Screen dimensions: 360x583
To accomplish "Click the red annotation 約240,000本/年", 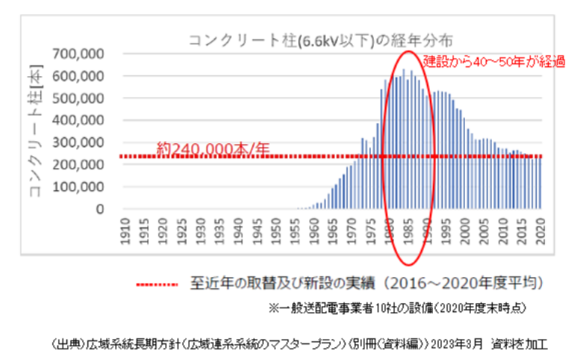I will pyautogui.click(x=213, y=149).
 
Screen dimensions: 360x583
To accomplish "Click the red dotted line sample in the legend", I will pyautogui.click(x=157, y=284).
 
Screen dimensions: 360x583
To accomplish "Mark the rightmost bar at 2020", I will pyautogui.click(x=539, y=183).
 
